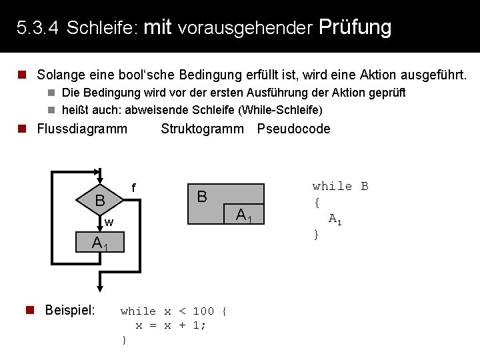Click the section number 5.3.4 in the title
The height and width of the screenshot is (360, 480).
[x=38, y=28]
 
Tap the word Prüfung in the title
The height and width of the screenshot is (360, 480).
[x=355, y=27]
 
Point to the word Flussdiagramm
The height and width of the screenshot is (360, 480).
[x=82, y=129]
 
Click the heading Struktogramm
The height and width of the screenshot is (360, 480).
[x=203, y=129]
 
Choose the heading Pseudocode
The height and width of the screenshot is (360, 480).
[x=293, y=129]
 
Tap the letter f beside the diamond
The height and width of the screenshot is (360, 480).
[x=133, y=189]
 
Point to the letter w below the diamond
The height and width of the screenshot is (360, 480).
[x=109, y=221]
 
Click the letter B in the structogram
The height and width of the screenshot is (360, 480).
[x=202, y=197]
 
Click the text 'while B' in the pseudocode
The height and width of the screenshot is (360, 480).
[x=340, y=187]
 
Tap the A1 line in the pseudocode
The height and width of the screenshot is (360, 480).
[x=335, y=219]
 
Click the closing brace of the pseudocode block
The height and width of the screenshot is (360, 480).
[x=317, y=234]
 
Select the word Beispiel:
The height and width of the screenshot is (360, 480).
[x=69, y=310]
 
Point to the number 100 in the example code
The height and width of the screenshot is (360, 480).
[x=203, y=311]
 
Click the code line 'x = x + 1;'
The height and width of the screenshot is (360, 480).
[x=171, y=325]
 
